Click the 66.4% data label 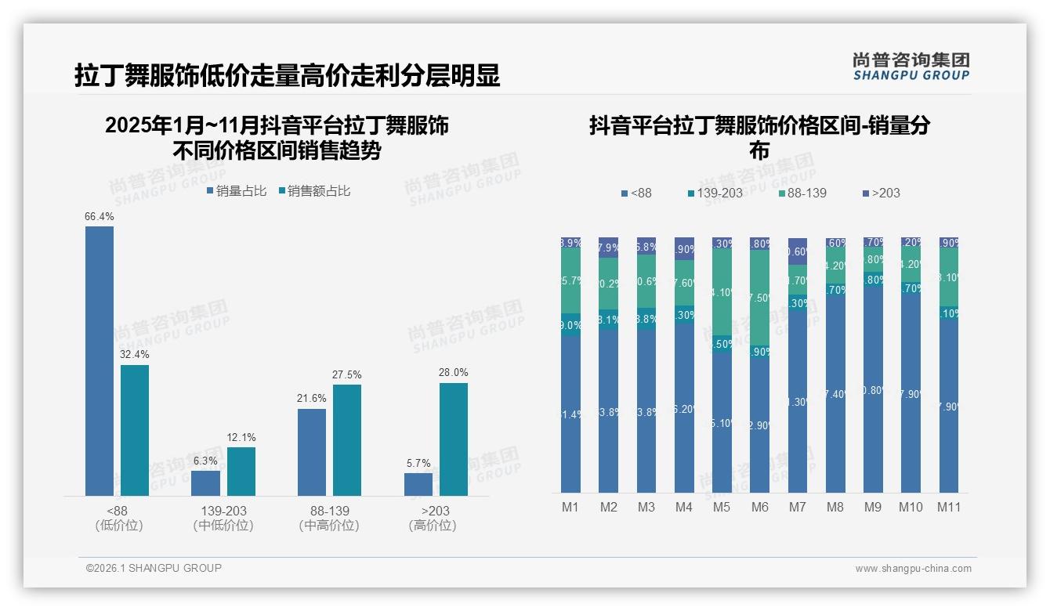(100, 216)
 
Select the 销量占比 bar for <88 (100, 360)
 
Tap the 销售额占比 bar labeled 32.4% (135, 430)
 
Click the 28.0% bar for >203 (454, 439)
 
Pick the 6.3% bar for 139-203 (206, 483)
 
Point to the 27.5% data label (347, 374)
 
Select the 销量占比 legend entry (237, 190)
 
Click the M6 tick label (759, 507)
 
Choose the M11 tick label (949, 507)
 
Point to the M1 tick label (570, 507)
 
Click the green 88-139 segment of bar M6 (759, 298)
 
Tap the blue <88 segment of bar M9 (873, 389)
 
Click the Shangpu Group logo (911, 66)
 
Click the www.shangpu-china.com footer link (913, 569)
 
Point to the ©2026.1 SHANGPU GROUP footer (154, 568)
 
